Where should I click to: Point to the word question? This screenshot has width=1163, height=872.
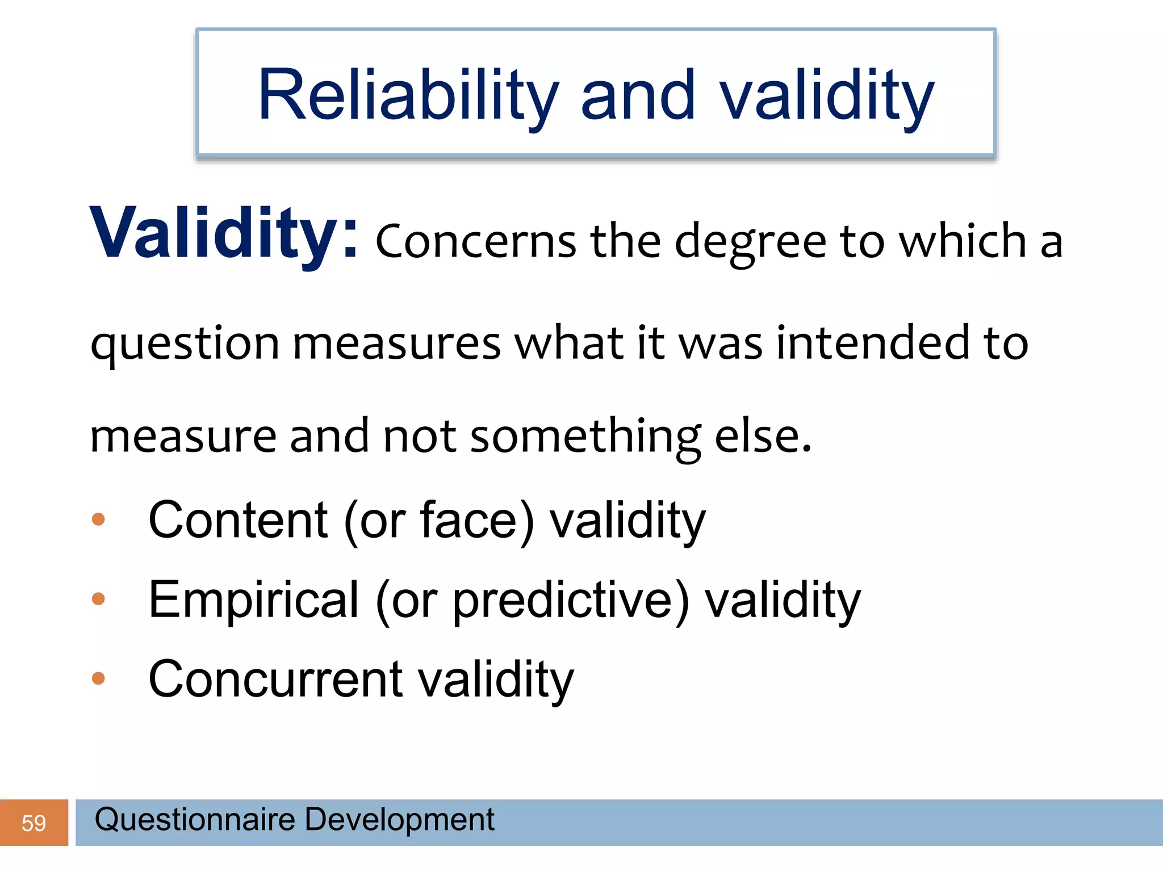(x=185, y=344)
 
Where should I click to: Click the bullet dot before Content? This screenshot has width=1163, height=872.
(x=98, y=519)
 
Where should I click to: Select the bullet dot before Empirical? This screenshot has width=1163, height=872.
(x=98, y=598)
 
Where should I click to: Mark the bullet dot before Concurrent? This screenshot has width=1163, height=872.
(x=98, y=678)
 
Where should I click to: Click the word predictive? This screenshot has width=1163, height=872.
(x=562, y=601)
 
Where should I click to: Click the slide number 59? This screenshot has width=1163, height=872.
(x=34, y=823)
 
